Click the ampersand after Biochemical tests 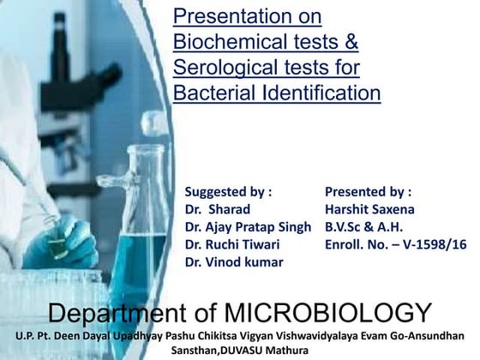pos(350,41)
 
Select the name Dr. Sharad pos(218,209)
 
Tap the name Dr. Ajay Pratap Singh pos(248,227)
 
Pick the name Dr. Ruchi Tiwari pos(231,245)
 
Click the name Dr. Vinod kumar pos(234,262)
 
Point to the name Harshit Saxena pos(369,209)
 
